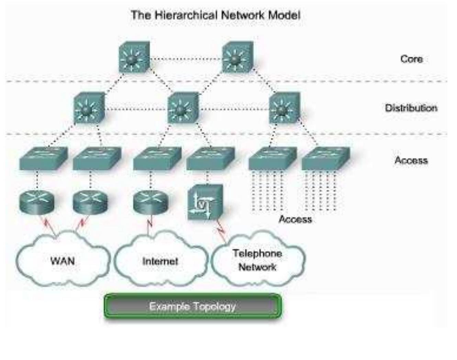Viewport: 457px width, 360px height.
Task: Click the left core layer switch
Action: pyautogui.click(x=134, y=58)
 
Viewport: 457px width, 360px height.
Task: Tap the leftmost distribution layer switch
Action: pyautogui.click(x=89, y=108)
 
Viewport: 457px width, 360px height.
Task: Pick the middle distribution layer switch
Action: pyautogui.click(x=182, y=108)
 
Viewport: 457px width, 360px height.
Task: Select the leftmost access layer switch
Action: pyautogui.click(x=43, y=159)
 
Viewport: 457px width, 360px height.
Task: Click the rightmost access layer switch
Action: pyautogui.click(x=326, y=159)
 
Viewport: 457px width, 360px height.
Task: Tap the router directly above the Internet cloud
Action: pyautogui.click(x=151, y=201)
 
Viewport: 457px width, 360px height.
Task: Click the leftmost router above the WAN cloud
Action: pyautogui.click(x=36, y=201)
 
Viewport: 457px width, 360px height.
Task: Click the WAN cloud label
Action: pyautogui.click(x=63, y=261)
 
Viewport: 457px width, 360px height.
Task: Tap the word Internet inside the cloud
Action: pyautogui.click(x=160, y=261)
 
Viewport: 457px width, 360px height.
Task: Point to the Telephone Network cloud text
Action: pyautogui.click(x=257, y=260)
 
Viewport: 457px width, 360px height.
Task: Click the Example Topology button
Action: pyautogui.click(x=192, y=306)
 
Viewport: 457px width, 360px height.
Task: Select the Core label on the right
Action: pyautogui.click(x=411, y=59)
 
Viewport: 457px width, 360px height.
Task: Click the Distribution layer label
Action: pyautogui.click(x=411, y=108)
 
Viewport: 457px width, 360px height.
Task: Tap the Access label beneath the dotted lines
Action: pyautogui.click(x=295, y=219)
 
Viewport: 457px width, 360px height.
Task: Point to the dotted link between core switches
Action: pyautogui.click(x=186, y=59)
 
